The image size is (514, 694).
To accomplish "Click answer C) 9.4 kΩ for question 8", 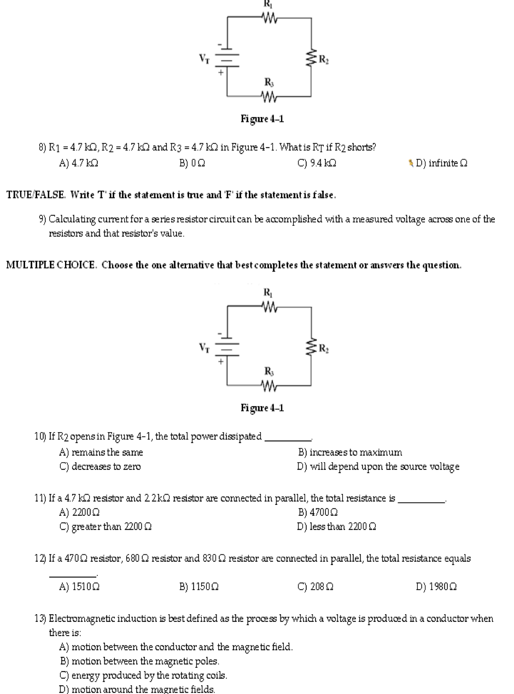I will click(x=316, y=163).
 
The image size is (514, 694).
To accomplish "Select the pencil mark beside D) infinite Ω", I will click(x=411, y=163).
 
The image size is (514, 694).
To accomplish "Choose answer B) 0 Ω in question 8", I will click(x=192, y=163).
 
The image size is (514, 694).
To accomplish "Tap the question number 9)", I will click(x=43, y=220).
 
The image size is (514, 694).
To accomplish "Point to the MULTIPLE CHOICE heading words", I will click(x=51, y=266).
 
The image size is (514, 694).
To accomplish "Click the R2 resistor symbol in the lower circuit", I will click(x=312, y=347).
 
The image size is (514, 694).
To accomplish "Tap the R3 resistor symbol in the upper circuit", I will click(x=268, y=97).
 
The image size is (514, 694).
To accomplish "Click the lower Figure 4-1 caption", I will click(x=262, y=408).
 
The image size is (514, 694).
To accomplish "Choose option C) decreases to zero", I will click(x=100, y=467).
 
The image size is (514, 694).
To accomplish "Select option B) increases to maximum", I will click(x=350, y=452).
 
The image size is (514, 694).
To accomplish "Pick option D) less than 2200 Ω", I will click(x=336, y=527).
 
